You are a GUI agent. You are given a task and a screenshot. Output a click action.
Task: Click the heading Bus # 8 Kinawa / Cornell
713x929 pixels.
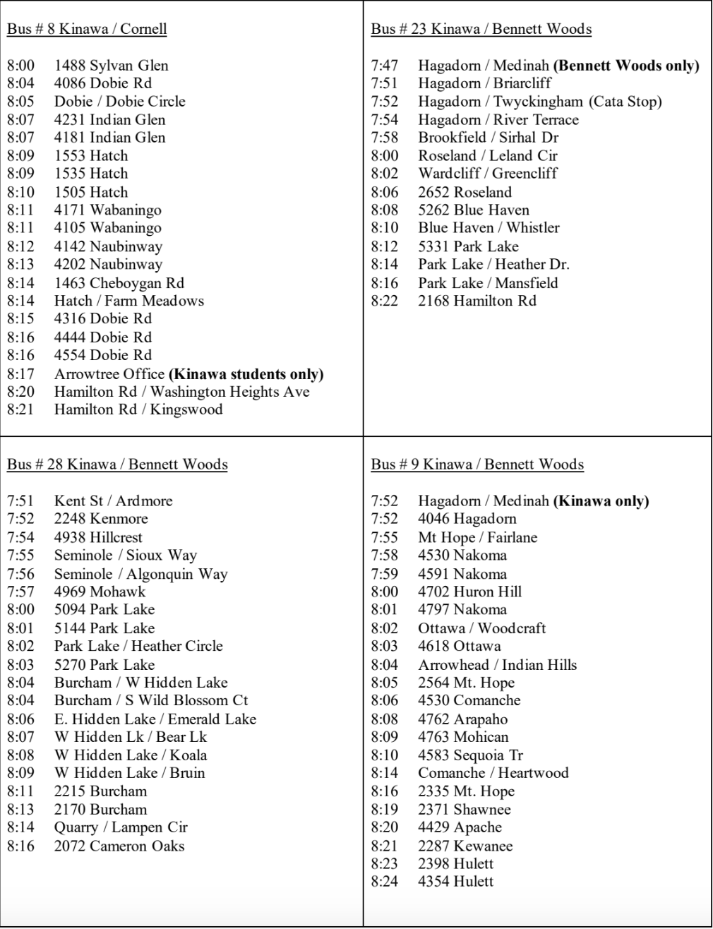tap(87, 29)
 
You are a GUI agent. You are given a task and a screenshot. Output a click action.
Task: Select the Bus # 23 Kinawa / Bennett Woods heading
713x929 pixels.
tap(481, 29)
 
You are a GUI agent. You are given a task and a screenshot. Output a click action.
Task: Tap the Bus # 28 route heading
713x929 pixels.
tap(117, 464)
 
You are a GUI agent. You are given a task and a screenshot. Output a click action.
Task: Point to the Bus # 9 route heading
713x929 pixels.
tap(477, 464)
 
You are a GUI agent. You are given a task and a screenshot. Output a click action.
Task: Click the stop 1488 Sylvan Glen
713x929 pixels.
tap(111, 66)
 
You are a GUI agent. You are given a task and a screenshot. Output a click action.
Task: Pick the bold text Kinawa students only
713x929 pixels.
tap(246, 373)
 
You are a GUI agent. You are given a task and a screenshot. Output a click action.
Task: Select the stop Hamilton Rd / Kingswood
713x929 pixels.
tap(138, 409)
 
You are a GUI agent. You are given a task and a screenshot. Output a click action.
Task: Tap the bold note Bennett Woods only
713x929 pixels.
tap(626, 66)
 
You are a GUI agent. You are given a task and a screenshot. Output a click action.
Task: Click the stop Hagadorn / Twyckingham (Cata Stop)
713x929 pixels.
tap(540, 102)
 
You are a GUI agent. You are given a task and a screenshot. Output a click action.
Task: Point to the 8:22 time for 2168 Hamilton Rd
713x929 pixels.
tap(385, 301)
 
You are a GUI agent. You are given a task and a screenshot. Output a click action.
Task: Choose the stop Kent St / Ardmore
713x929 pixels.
tap(113, 501)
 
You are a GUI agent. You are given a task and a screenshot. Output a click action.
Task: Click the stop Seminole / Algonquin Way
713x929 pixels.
tap(140, 574)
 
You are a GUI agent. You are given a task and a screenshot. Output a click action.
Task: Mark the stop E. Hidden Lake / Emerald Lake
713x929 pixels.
tap(155, 719)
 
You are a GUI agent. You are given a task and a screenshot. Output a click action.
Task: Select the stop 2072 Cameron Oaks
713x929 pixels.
tap(119, 846)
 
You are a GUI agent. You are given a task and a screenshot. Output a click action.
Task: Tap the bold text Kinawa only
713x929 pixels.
tap(601, 501)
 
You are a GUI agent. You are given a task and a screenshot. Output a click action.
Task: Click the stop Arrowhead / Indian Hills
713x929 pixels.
tap(497, 664)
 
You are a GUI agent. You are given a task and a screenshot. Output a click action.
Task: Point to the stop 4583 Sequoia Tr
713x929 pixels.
tap(470, 755)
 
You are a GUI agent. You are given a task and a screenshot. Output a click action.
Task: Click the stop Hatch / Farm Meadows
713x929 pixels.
tap(128, 301)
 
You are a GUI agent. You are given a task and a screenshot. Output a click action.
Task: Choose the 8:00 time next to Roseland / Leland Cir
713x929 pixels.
tap(385, 155)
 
